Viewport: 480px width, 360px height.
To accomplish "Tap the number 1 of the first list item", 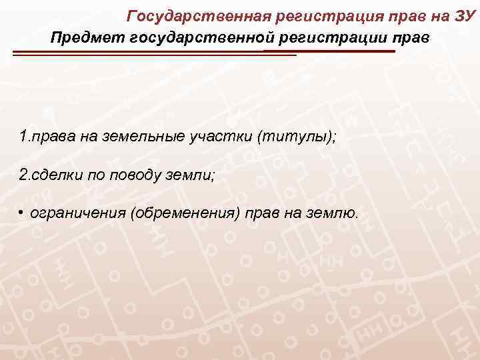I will click(23, 137).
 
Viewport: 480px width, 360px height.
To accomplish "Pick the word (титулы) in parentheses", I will click(291, 137).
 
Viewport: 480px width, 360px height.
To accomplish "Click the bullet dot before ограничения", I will click(22, 213).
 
